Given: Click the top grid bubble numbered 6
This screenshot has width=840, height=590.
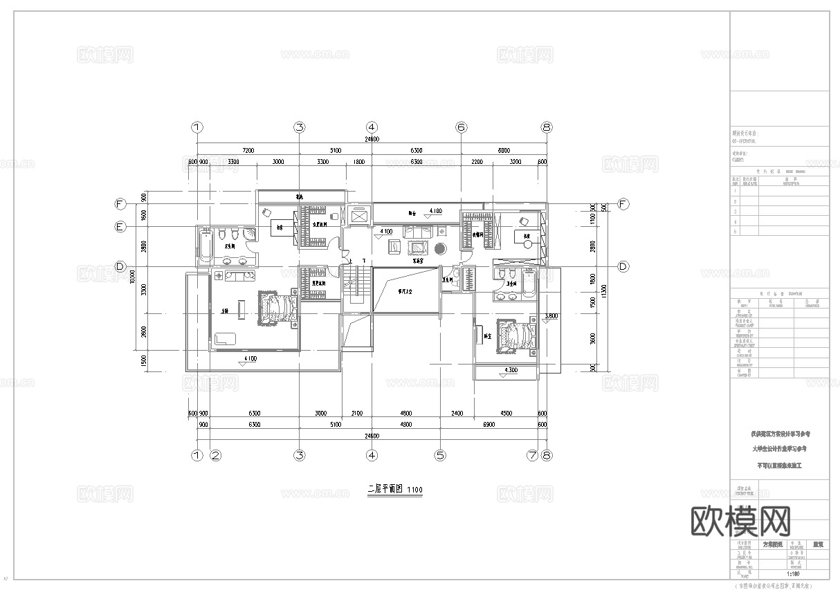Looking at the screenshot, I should point(462,127).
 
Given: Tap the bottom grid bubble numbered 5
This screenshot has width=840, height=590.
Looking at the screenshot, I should point(440,455).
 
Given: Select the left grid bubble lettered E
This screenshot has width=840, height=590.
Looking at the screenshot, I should point(120,226).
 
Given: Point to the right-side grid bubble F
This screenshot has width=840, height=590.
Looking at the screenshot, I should point(623,204).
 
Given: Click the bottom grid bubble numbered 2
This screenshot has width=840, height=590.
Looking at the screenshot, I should point(215,455).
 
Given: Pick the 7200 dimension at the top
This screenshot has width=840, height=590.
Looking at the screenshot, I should point(248,150).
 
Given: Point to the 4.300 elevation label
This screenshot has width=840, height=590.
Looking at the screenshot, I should point(512,370).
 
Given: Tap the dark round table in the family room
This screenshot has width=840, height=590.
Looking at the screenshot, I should point(441,248).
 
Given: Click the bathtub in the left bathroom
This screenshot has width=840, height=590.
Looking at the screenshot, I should point(206,247).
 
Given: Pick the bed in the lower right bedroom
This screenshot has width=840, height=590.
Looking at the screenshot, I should point(516,336).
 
